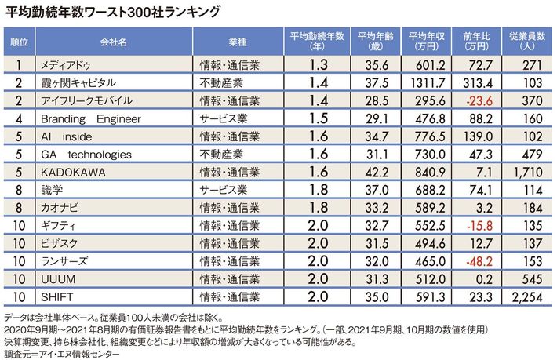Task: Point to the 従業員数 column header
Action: [524, 40]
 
